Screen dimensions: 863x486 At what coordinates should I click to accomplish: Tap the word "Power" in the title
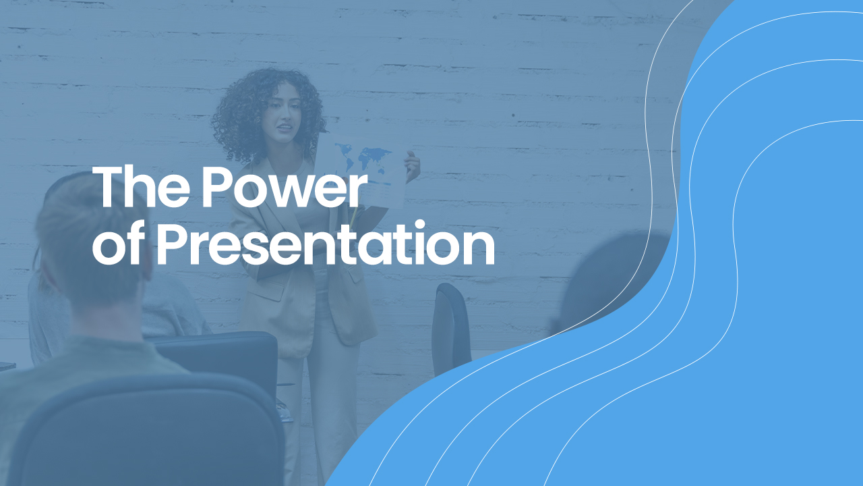tap(282, 187)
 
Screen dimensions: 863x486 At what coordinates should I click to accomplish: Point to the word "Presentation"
tap(326, 243)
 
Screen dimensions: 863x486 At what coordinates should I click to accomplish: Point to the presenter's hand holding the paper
tap(412, 166)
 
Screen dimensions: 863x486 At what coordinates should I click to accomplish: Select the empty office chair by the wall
tap(451, 328)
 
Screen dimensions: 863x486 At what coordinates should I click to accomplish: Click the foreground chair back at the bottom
tap(146, 432)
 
